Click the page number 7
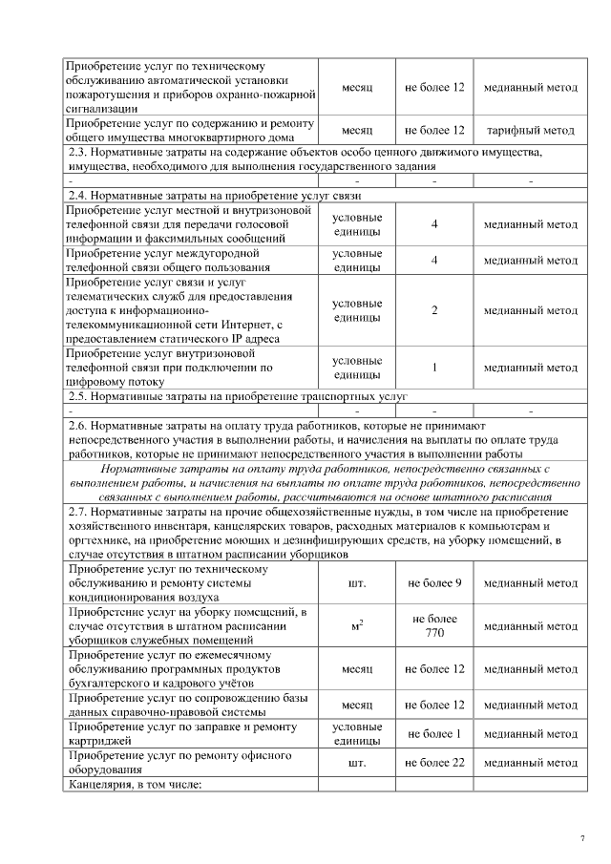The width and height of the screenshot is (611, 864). coord(581,838)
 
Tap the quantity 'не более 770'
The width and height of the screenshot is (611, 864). coord(434,626)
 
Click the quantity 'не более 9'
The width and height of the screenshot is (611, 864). coord(434,582)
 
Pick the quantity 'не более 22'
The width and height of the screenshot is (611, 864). coord(434,763)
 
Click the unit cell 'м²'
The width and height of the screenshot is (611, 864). coord(357,626)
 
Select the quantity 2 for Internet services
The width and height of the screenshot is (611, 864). coord(434,310)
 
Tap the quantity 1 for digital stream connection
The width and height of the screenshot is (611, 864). coord(434,367)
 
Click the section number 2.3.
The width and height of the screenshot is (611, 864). coord(79,152)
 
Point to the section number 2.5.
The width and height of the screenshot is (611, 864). coord(79,395)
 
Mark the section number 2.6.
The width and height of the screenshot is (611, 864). coord(79,425)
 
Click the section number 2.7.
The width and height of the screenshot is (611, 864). coord(79,513)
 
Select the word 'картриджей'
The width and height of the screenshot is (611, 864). coord(96,741)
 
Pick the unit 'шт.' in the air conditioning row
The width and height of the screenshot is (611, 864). coord(357,582)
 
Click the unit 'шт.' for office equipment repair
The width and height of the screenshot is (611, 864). coord(357,763)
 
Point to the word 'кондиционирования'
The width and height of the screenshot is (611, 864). coord(117,597)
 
